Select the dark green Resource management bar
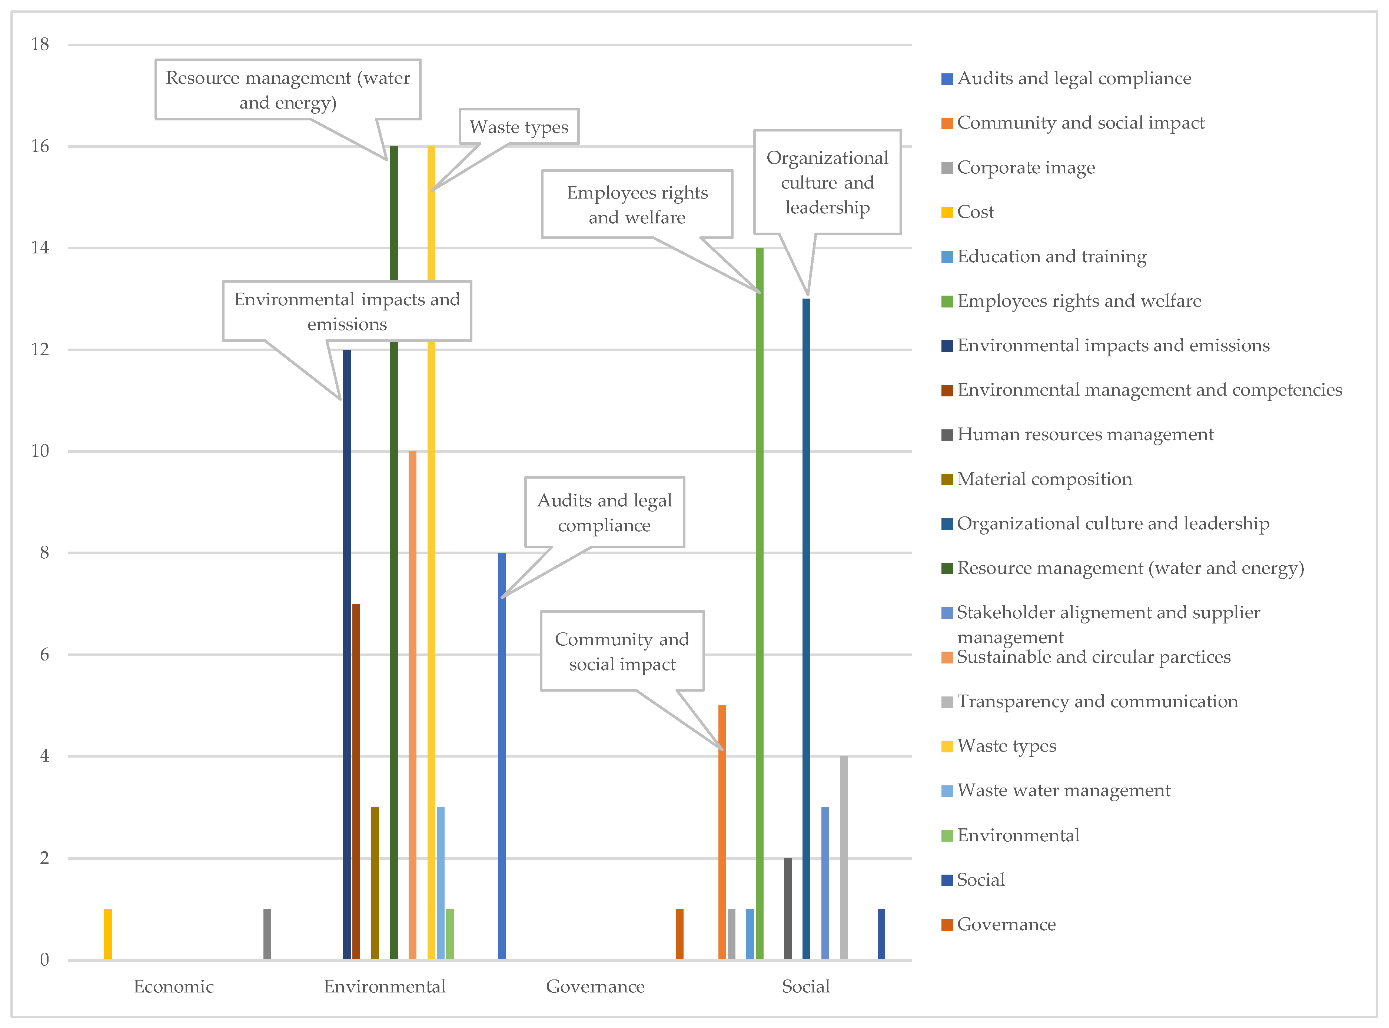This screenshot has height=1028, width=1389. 394,553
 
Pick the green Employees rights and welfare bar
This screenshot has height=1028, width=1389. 759,603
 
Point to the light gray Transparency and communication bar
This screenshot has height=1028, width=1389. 844,858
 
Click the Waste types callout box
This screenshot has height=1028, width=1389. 519,126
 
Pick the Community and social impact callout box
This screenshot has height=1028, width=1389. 622,651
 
